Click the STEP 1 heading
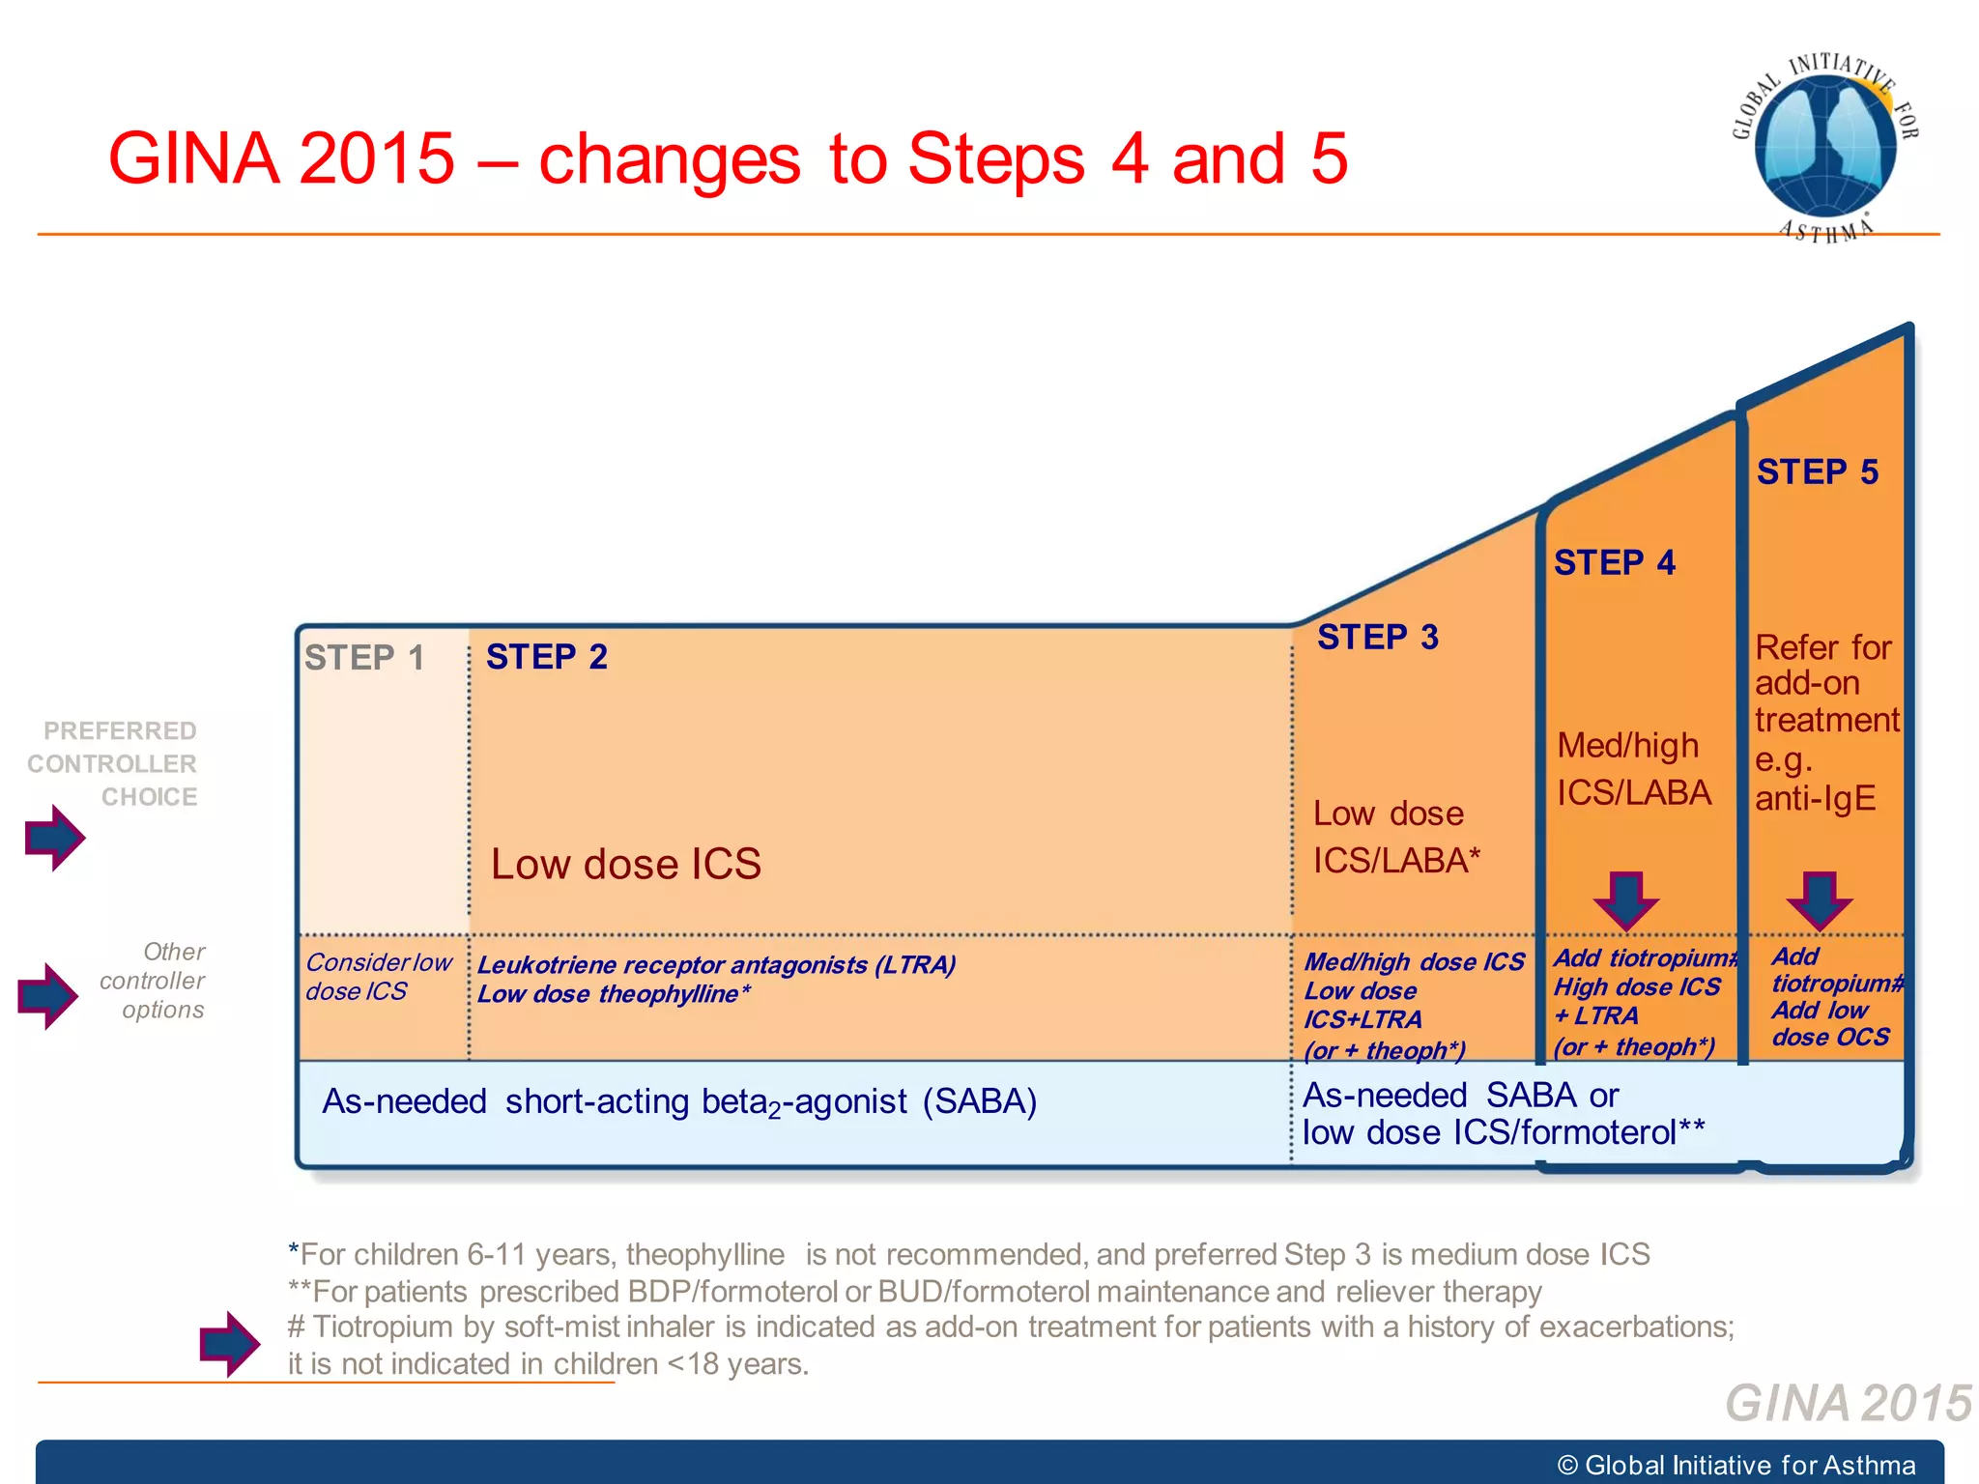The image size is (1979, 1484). [364, 658]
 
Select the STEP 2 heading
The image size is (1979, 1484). [547, 657]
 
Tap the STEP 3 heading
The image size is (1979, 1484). [1378, 638]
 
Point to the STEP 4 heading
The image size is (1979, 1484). [1615, 562]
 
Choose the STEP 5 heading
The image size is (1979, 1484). [1817, 472]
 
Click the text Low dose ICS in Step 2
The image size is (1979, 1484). [626, 864]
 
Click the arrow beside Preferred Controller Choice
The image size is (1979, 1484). [55, 838]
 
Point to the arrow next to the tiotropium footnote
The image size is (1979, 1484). [229, 1344]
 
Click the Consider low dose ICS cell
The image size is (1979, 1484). [378, 977]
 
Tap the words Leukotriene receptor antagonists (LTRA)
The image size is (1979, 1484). [716, 965]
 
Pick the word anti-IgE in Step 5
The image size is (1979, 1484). [1815, 799]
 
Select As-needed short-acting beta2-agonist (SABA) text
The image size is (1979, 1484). [679, 1102]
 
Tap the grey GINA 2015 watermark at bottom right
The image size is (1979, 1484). [1848, 1403]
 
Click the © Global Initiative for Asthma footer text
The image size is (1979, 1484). [1735, 1465]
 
